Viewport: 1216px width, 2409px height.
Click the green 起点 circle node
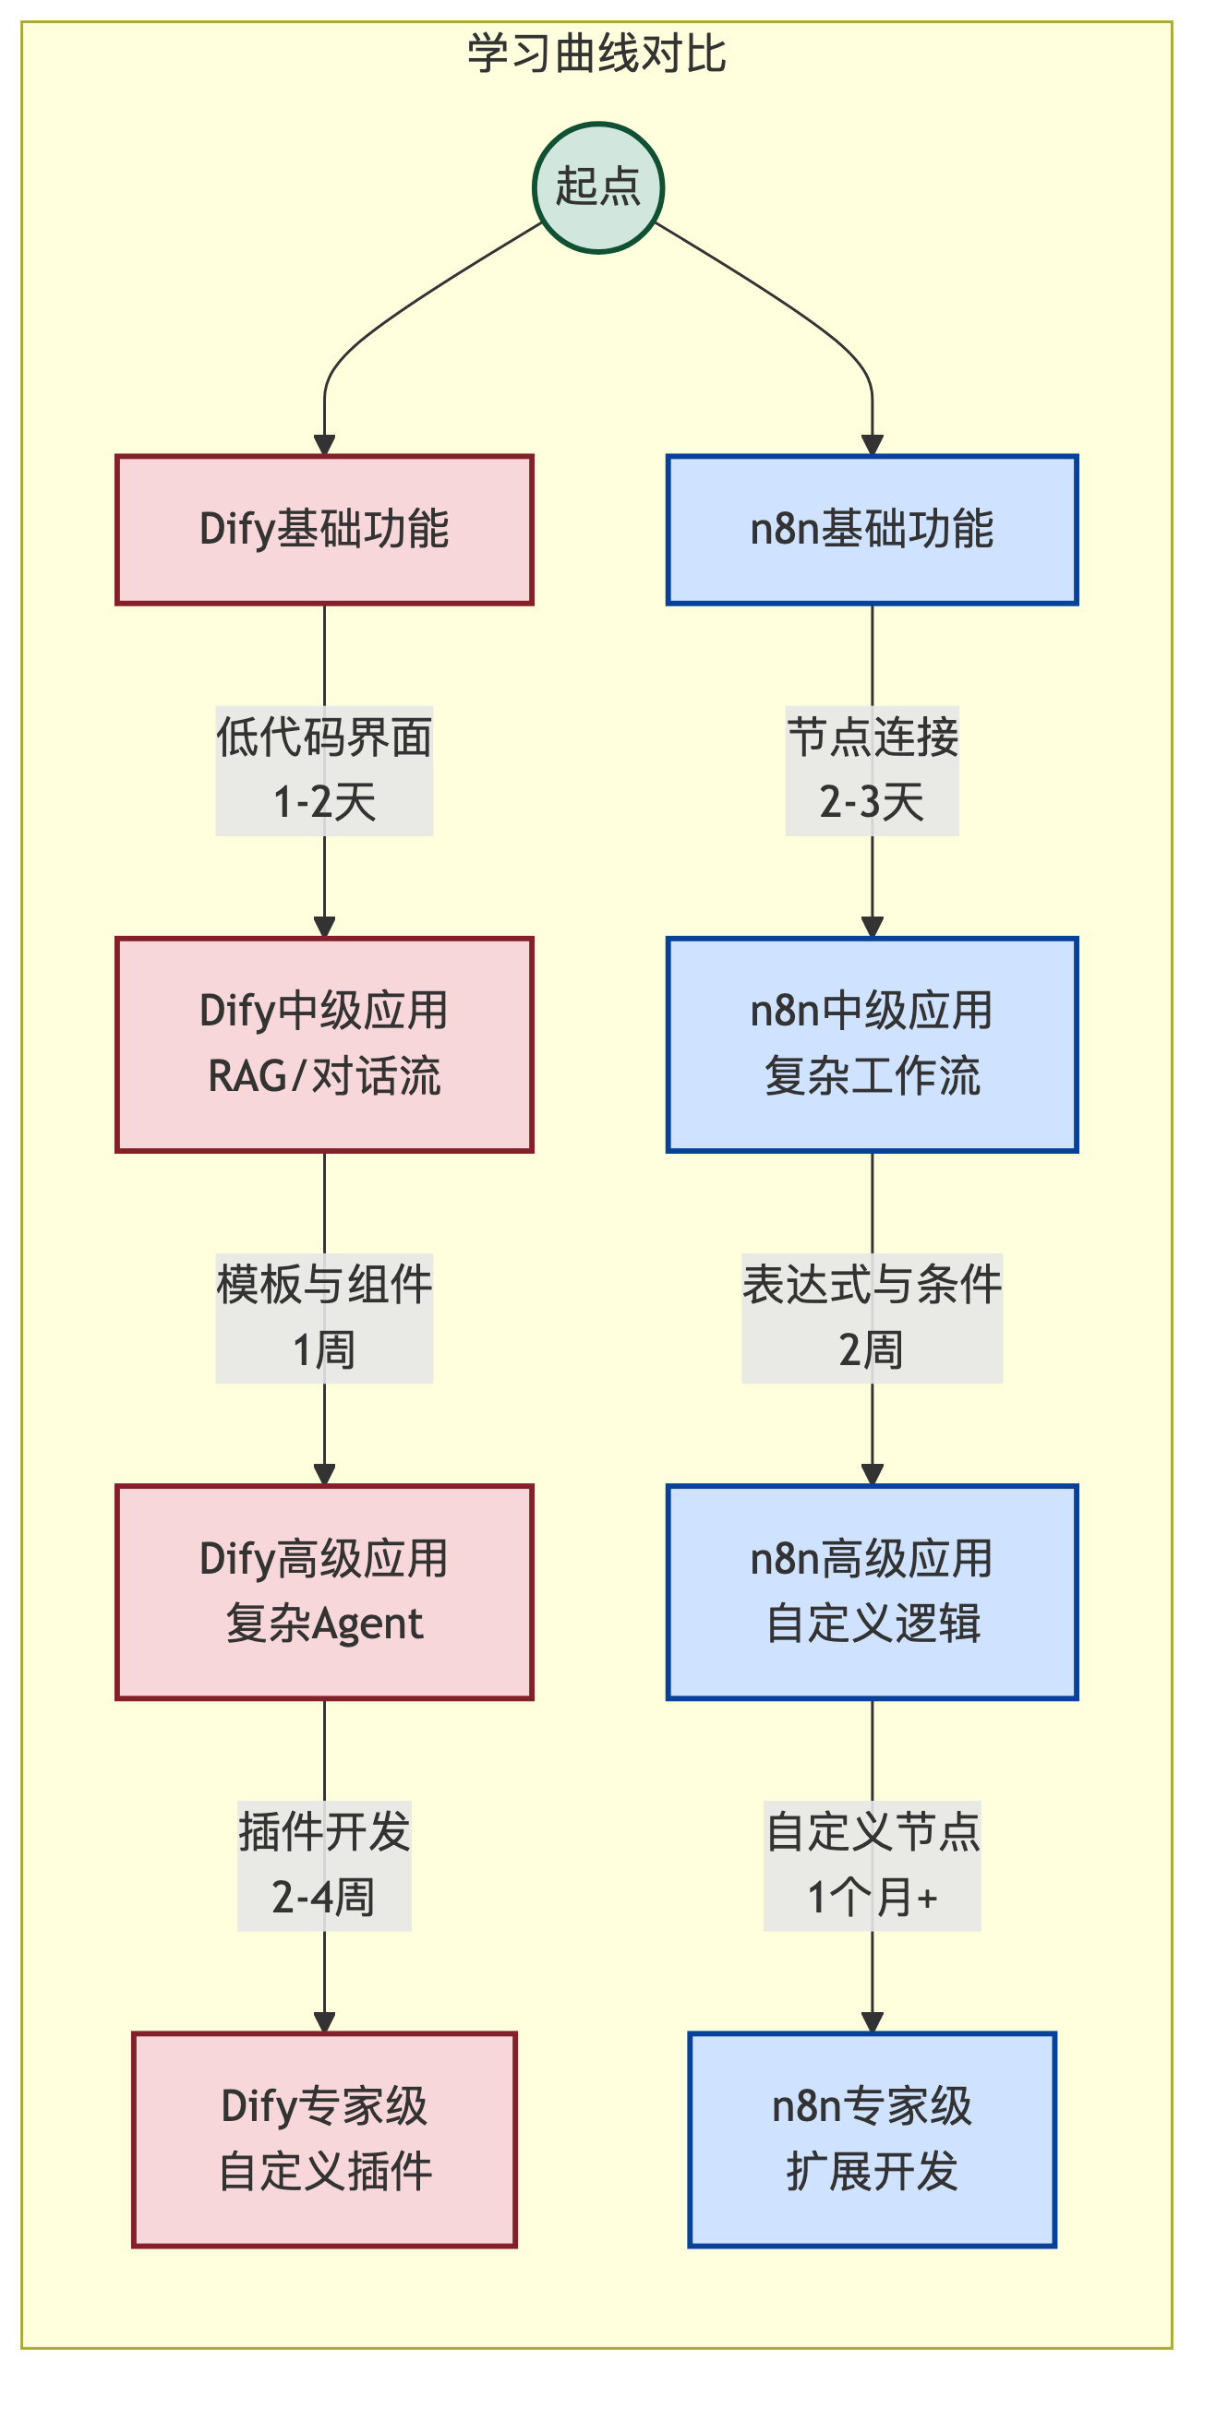tap(597, 188)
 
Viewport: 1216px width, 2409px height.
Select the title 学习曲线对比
tap(596, 54)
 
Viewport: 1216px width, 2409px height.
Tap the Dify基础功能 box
tap(325, 529)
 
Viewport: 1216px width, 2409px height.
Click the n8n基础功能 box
tap(872, 529)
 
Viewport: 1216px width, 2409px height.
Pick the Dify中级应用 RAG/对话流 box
tap(325, 1044)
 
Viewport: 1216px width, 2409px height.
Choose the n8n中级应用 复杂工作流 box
tap(872, 1044)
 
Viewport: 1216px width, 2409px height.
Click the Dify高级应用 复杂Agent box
tap(325, 1590)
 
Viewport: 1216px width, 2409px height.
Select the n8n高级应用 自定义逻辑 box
tap(872, 1590)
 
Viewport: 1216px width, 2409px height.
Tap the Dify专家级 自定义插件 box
tap(325, 2139)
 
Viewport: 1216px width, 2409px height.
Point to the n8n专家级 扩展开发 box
tap(872, 2139)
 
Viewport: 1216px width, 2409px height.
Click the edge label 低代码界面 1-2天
tap(325, 770)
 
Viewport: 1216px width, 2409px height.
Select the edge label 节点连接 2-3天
tap(872, 770)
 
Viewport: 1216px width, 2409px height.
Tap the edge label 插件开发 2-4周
tap(325, 1864)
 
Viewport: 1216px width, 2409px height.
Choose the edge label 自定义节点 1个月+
tap(872, 1864)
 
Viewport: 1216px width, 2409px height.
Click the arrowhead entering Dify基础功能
tap(325, 445)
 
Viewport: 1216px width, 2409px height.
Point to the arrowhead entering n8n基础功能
tap(872, 445)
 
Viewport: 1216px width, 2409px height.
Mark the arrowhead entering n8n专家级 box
tap(872, 2022)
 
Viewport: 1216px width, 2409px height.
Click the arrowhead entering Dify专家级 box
tap(325, 2022)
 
